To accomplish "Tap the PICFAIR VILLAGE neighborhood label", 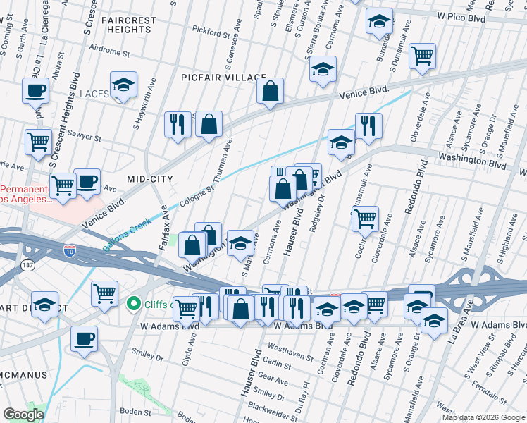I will pyautogui.click(x=223, y=77).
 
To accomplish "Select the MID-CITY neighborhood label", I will pyautogui.click(x=149, y=179).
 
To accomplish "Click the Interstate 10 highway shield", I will pyautogui.click(x=70, y=250).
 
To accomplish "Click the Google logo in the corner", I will pyautogui.click(x=23, y=415).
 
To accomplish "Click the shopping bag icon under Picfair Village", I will pyautogui.click(x=269, y=90).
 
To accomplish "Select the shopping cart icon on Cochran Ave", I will pyautogui.click(x=365, y=219).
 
